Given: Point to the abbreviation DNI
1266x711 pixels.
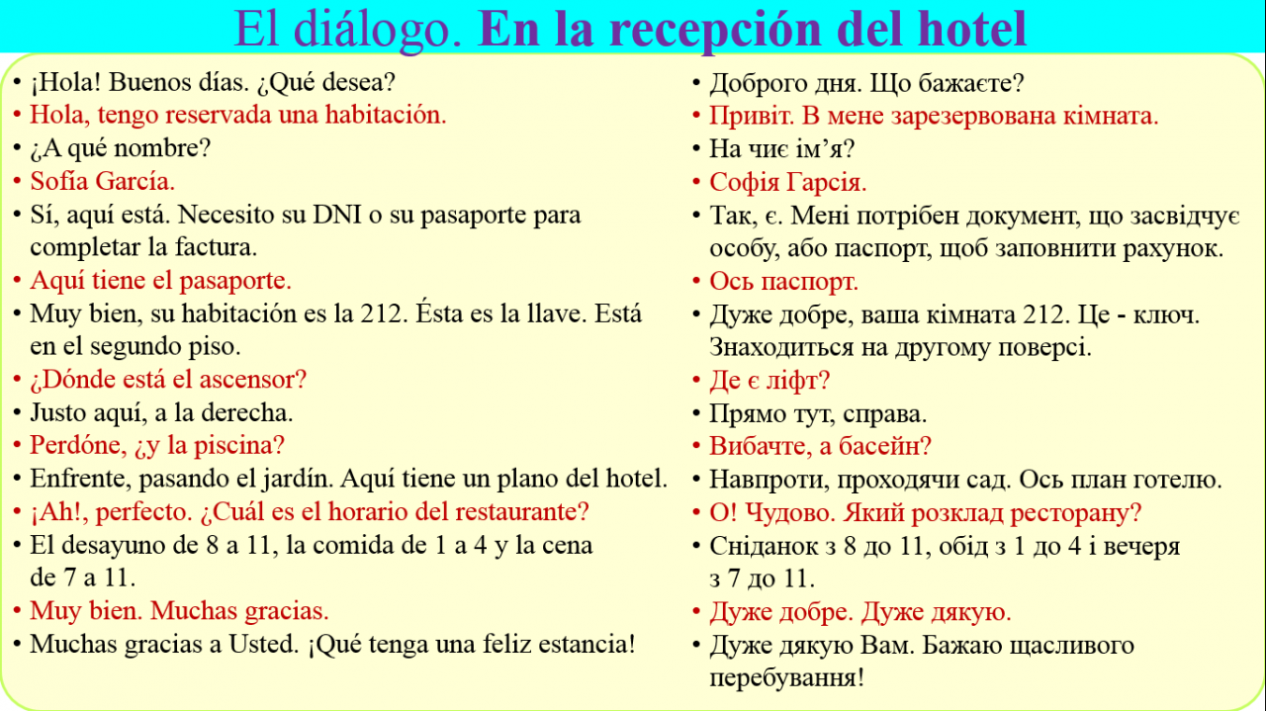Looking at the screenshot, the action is (337, 215).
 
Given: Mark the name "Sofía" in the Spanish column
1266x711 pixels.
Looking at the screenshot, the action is (57, 181).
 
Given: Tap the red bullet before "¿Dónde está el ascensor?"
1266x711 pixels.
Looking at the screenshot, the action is (17, 380).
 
